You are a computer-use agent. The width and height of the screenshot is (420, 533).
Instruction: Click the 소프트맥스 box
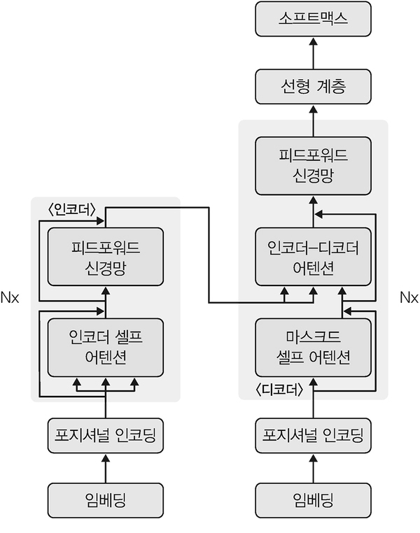click(x=314, y=19)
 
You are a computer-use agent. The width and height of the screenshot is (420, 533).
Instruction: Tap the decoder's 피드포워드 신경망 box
click(x=314, y=165)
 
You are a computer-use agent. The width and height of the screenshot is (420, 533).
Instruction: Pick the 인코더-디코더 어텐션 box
click(x=314, y=257)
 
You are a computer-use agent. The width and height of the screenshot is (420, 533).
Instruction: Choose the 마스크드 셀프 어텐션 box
click(x=314, y=348)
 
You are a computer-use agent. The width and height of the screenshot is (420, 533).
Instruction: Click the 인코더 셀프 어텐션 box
click(x=105, y=348)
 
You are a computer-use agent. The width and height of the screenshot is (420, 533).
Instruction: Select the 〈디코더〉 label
click(x=280, y=390)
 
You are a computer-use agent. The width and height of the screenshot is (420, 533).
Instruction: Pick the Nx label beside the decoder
click(x=408, y=298)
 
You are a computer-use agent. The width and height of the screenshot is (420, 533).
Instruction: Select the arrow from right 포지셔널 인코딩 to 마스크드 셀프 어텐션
click(x=314, y=397)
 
